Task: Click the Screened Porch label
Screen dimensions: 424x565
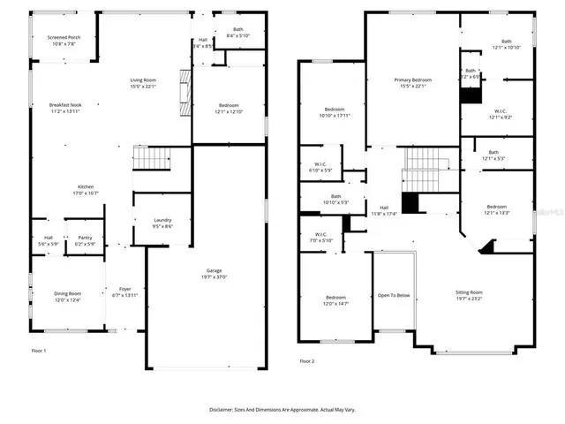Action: click(x=64, y=38)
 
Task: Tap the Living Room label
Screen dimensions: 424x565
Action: click(x=143, y=79)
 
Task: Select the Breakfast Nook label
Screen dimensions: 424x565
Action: click(x=64, y=105)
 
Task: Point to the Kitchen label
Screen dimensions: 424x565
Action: click(x=86, y=187)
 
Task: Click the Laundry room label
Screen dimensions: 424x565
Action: click(x=162, y=220)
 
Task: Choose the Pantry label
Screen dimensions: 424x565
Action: click(x=85, y=237)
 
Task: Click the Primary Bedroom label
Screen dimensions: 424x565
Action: click(x=413, y=80)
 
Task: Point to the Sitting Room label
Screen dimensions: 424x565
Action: click(x=468, y=291)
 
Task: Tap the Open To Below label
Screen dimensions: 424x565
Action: click(x=394, y=295)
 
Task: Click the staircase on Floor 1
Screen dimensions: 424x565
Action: click(x=149, y=159)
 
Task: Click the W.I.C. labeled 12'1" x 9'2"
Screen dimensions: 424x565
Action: click(x=499, y=111)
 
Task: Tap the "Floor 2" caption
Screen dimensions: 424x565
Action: click(x=307, y=361)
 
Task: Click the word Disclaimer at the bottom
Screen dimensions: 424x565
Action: click(x=225, y=409)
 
